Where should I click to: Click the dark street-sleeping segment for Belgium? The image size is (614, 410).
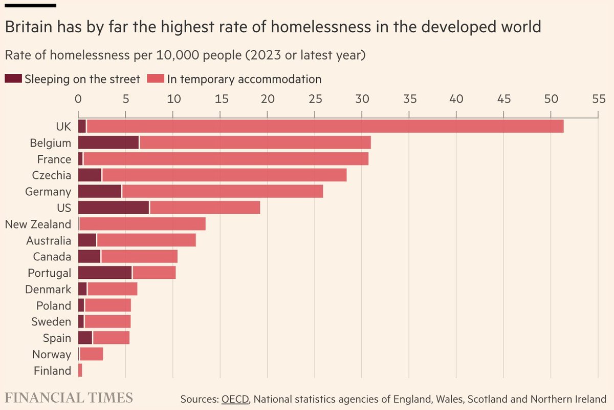pos(108,142)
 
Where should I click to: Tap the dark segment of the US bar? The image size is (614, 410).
pos(113,208)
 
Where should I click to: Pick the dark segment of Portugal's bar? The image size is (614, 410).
pos(104,273)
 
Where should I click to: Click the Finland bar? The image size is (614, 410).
pos(80,371)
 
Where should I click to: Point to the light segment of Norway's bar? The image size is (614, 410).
pos(91,354)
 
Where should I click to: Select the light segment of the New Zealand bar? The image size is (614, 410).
pos(142,224)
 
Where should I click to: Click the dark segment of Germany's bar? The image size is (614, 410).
pos(99,191)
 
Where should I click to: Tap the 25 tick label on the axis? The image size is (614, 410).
pos(314,99)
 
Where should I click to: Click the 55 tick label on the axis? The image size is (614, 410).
pos(598,99)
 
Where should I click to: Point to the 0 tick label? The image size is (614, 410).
pos(78,99)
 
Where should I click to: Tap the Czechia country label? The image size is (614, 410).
pos(51,175)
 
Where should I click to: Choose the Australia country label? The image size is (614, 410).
pos(49,240)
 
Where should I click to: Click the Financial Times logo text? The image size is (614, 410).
pos(69,398)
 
